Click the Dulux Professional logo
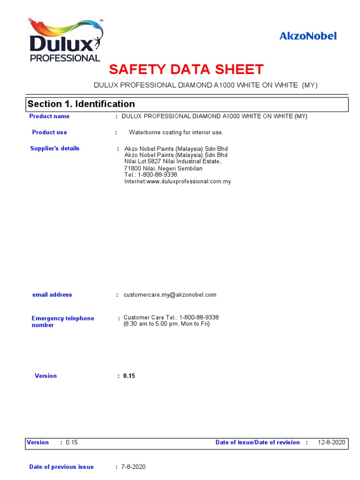click(66, 41)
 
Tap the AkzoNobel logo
click(308, 36)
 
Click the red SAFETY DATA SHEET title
click(186, 70)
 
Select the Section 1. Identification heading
click(81, 104)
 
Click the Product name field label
click(49, 116)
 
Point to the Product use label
click(49, 132)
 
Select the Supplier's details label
click(55, 149)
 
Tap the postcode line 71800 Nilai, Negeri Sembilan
click(163, 168)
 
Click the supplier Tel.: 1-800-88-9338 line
click(150, 175)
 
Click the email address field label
click(52, 295)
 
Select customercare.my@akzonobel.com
click(170, 295)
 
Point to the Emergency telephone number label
click(62, 322)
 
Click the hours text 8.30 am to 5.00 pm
click(166, 324)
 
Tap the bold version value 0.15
click(129, 376)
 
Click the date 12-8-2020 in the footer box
click(331, 442)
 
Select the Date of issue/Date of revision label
click(257, 442)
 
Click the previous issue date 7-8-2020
click(134, 467)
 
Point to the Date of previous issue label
click(61, 467)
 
